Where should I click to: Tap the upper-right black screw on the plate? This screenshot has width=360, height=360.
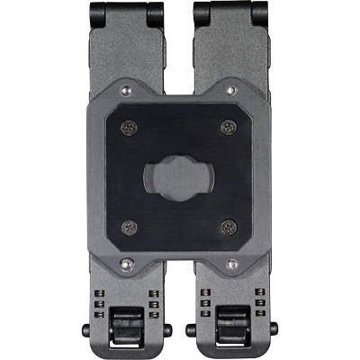(227, 128)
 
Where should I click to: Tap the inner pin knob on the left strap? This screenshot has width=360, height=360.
(169, 329)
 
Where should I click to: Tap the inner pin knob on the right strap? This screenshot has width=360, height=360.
(191, 329)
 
